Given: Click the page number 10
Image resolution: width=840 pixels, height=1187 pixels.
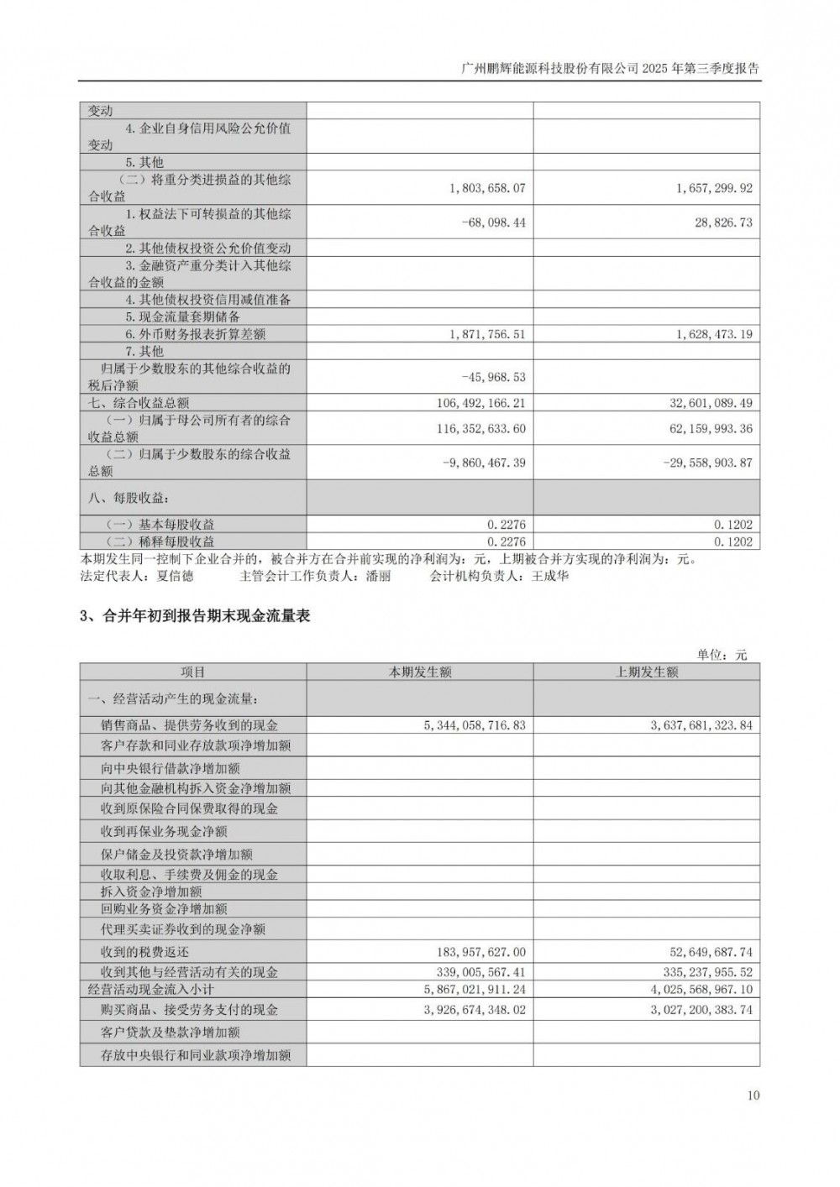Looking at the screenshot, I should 753,1095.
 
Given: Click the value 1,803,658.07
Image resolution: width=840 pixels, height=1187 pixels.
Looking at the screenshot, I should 487,188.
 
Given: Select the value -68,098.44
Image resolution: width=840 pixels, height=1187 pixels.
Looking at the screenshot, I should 493,222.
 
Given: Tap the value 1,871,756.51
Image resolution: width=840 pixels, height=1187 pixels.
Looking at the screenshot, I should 487,334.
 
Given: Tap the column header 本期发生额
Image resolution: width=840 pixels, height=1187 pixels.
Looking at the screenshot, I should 420,672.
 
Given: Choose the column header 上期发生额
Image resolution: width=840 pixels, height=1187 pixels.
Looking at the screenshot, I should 647,672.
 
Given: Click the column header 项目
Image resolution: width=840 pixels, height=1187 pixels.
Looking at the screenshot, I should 193,672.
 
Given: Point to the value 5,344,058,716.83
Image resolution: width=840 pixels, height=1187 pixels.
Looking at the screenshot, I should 475,724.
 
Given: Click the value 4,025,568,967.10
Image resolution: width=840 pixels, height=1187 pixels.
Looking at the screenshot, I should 702,990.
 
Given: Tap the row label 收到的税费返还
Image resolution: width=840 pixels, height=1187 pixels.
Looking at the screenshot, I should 145,952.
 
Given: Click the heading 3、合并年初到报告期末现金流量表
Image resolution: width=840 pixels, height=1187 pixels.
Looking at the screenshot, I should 195,616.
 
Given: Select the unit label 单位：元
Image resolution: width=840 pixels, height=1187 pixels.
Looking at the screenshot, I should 722,655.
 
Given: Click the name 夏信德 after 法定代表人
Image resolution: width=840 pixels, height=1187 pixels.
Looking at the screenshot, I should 175,577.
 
